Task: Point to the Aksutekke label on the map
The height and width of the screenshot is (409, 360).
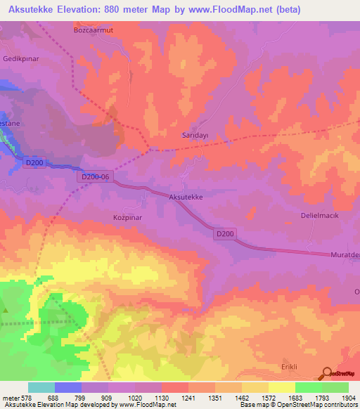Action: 186,197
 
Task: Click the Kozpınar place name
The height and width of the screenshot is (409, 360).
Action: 129,218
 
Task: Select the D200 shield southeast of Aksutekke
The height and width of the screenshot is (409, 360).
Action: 225,233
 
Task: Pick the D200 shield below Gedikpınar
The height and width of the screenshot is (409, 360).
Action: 34,163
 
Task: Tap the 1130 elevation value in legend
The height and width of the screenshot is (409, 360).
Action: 162,398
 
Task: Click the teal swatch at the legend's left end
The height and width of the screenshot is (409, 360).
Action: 41,387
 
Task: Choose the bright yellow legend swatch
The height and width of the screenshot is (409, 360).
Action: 281,387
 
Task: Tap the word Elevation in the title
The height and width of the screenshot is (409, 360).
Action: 86,10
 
